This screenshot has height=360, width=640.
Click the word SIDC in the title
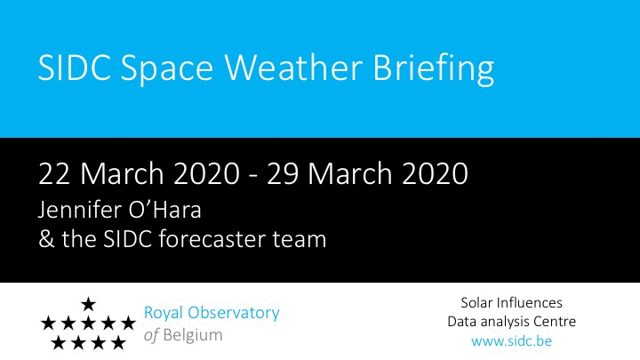(x=75, y=67)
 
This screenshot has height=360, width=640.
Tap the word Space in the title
(x=167, y=70)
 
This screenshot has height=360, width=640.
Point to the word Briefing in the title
(x=434, y=69)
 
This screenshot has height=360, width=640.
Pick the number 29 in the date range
(x=283, y=173)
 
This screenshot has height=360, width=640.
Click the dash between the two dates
(x=253, y=176)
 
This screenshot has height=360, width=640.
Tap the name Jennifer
(x=80, y=210)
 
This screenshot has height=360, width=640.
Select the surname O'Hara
(x=165, y=210)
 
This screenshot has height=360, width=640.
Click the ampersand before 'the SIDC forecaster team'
(x=46, y=239)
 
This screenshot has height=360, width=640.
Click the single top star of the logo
(x=88, y=304)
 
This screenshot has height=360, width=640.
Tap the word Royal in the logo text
(x=163, y=314)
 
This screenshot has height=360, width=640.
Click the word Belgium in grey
(x=193, y=335)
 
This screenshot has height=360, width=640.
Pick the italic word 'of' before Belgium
(x=151, y=335)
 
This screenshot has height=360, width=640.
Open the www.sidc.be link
(x=511, y=340)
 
